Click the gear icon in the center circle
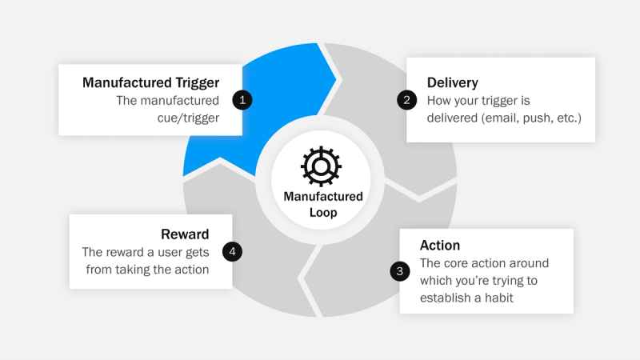321,166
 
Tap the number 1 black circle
242,100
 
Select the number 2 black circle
407,100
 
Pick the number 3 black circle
400,271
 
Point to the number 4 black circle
232,251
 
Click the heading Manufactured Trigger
150,82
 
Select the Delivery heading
453,82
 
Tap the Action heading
440,246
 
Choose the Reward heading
185,234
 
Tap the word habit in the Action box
496,298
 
